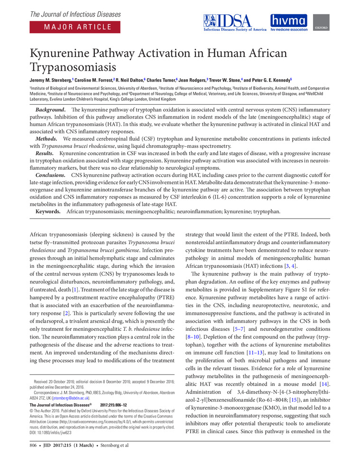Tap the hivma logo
(288, 22)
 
